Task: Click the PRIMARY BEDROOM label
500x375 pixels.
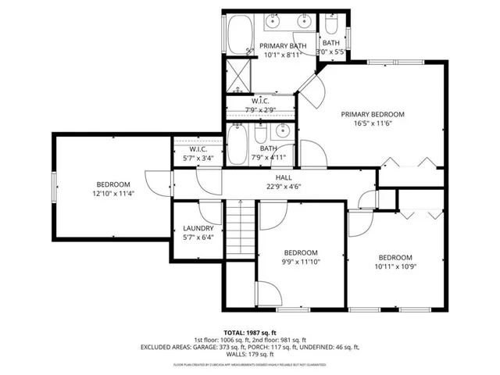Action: pos(377,114)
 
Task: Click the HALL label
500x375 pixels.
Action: pos(272,177)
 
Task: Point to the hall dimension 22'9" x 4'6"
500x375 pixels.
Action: pos(272,186)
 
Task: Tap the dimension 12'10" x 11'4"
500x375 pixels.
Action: pos(114,193)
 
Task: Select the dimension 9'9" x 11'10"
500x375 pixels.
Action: pos(301,262)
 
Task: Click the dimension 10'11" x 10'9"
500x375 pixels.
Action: pos(395,267)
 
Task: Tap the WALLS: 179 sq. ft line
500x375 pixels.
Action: pos(250,355)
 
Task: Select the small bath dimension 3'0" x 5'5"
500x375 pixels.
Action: pos(330,52)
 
